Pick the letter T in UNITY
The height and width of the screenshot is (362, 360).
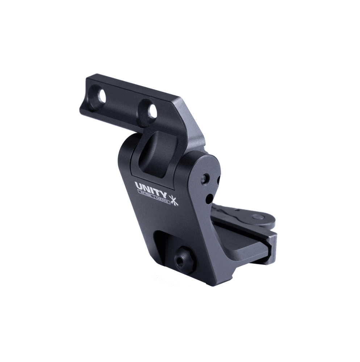pyautogui.click(x=158, y=189)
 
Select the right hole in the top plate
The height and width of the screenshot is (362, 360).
pyautogui.click(x=152, y=112)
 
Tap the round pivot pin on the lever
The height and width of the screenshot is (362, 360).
pyautogui.click(x=258, y=217)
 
